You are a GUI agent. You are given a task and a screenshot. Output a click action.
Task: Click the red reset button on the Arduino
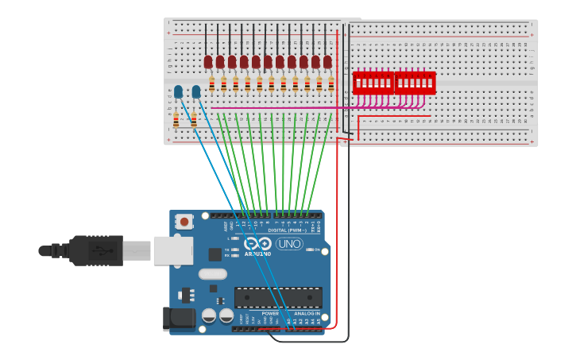[x=184, y=222]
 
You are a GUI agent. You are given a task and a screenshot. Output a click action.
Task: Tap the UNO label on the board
[x=289, y=244]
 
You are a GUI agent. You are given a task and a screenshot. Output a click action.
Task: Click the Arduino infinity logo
[x=257, y=244]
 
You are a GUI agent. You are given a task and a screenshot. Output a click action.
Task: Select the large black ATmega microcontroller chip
[x=278, y=298]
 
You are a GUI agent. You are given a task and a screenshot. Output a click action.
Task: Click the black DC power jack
[x=178, y=319]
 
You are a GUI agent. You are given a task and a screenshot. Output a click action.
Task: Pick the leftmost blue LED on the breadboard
[x=178, y=92]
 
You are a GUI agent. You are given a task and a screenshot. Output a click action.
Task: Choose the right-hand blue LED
[x=195, y=92]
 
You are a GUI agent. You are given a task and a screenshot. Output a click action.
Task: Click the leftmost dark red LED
[x=208, y=61]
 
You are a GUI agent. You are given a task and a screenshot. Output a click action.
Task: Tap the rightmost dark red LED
[x=327, y=61]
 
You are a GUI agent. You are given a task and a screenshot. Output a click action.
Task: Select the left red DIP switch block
[x=373, y=82]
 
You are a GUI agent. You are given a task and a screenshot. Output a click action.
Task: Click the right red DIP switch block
[x=415, y=82]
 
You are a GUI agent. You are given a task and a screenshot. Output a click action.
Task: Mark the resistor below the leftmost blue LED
[x=176, y=120]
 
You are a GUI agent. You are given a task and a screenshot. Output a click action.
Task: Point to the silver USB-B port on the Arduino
[x=172, y=250]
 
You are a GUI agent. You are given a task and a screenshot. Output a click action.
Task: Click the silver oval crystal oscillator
[x=212, y=274]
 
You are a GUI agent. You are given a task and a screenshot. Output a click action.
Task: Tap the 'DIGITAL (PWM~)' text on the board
[x=289, y=230]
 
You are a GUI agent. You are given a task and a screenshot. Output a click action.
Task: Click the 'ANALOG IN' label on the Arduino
[x=306, y=314]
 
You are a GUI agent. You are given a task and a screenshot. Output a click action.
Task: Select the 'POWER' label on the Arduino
[x=270, y=314]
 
